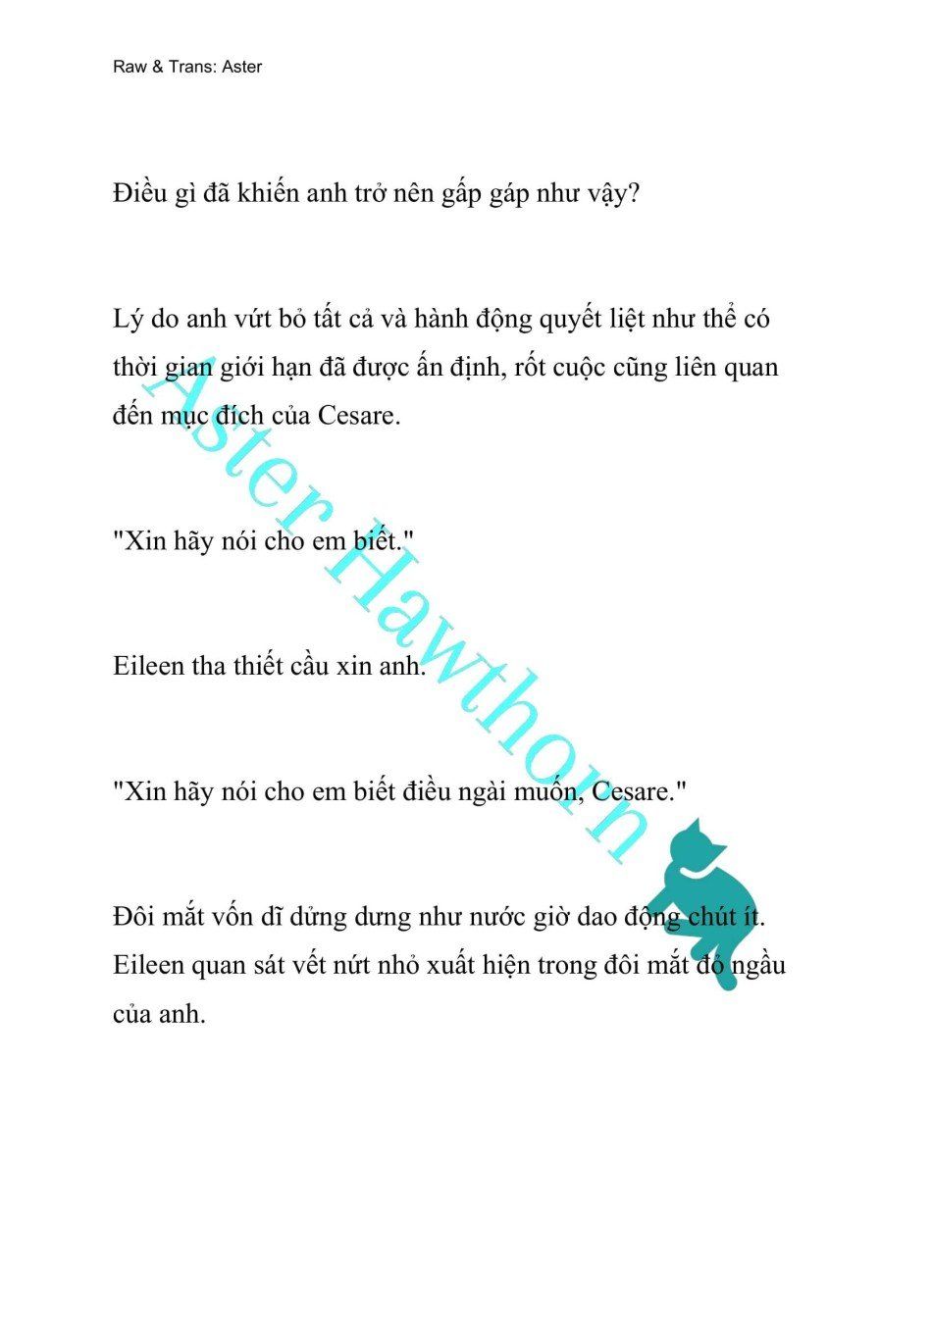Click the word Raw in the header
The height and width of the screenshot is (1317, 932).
pyautogui.click(x=129, y=68)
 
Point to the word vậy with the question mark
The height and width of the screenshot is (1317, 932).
pyautogui.click(x=614, y=193)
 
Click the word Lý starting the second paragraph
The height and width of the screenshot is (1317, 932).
pyautogui.click(x=125, y=320)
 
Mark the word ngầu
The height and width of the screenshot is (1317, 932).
pyautogui.click(x=758, y=966)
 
